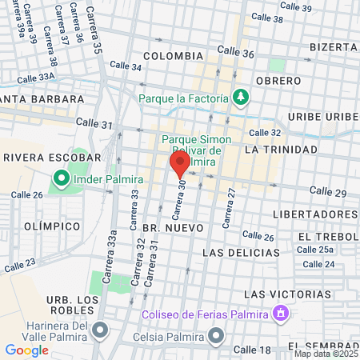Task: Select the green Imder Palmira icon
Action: click(61, 178)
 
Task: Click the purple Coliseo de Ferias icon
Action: click(281, 313)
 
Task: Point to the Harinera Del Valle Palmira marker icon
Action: click(100, 329)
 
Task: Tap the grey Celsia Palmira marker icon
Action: click(215, 334)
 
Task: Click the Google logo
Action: click(26, 350)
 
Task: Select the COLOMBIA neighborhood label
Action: click(173, 56)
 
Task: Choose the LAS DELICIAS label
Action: click(242, 252)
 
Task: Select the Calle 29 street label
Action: click(328, 192)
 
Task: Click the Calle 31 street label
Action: click(94, 123)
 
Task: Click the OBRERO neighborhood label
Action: click(278, 81)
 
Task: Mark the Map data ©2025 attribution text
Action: click(326, 354)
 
